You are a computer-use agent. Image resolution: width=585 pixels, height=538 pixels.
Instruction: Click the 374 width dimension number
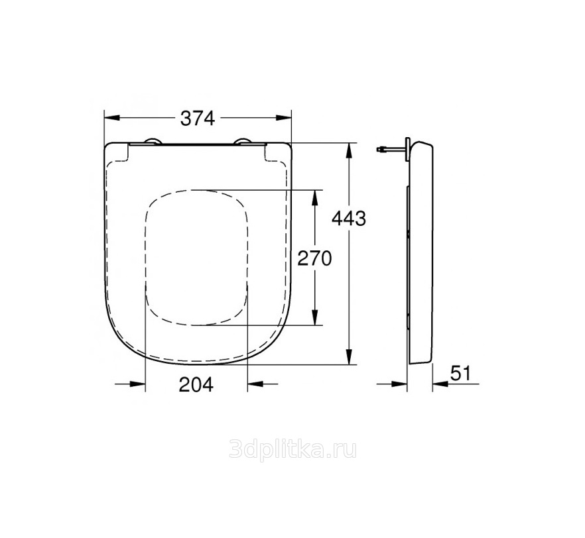(x=198, y=119)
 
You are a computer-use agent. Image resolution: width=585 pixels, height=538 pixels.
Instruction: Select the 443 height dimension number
(x=349, y=219)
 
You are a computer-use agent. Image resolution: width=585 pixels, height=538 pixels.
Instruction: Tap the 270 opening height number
(x=314, y=258)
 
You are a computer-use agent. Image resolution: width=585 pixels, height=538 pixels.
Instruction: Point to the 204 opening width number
(x=196, y=384)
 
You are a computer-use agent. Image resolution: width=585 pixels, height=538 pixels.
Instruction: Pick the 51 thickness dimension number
(x=461, y=373)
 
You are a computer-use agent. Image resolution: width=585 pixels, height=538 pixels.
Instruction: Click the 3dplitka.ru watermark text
(x=292, y=450)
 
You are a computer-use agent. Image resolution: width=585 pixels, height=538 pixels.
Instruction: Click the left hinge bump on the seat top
(x=153, y=140)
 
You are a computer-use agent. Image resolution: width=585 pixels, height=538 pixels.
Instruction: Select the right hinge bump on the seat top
(x=243, y=140)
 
